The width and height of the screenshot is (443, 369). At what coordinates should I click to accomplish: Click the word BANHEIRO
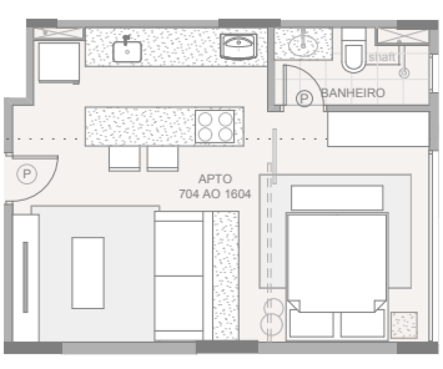[353, 93]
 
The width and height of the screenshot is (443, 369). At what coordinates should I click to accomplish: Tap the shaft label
[382, 57]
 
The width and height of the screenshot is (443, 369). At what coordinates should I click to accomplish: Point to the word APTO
[215, 179]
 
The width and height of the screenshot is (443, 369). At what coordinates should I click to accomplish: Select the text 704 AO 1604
[215, 194]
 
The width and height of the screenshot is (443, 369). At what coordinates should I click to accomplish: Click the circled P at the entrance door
[27, 174]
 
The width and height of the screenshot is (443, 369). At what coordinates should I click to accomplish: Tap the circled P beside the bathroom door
[304, 98]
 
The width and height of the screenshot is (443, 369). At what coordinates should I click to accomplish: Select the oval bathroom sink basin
[303, 45]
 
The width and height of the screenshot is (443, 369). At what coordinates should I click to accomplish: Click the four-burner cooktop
[215, 126]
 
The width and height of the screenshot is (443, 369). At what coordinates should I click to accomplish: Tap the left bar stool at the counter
[125, 159]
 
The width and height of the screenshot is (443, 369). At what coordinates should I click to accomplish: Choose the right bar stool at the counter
[163, 159]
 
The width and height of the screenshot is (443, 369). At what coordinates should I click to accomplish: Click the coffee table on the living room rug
[88, 273]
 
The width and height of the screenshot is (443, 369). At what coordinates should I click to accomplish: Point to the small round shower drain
[404, 73]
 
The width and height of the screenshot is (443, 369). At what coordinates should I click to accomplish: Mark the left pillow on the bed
[311, 323]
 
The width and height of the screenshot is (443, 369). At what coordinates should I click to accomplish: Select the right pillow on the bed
[363, 323]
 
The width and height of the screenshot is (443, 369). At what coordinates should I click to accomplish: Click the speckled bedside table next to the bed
[404, 325]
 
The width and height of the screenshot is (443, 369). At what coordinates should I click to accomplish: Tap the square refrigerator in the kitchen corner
[59, 63]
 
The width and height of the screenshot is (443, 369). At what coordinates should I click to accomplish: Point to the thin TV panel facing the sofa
[25, 277]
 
